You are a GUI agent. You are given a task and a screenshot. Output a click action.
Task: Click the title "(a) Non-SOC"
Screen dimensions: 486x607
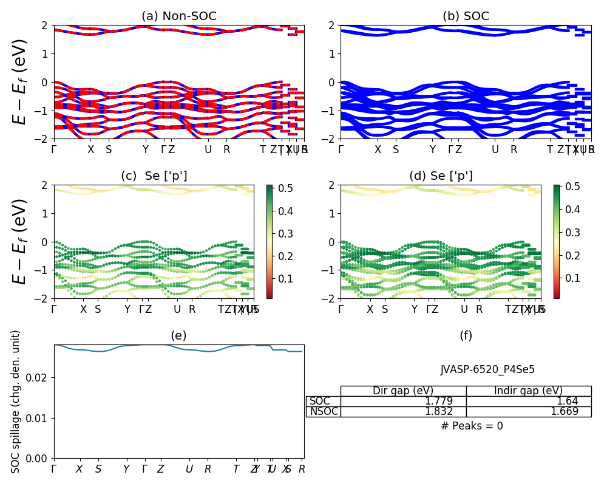tap(178, 16)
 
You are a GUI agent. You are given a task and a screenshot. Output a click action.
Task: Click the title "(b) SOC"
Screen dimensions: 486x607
tap(466, 16)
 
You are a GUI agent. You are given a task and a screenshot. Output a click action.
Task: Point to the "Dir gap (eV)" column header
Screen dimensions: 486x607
tap(403, 391)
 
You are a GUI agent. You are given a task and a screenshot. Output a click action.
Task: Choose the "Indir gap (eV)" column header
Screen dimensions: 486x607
tap(528, 391)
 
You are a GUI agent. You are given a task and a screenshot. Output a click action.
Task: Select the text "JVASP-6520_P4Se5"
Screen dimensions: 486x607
tap(487, 369)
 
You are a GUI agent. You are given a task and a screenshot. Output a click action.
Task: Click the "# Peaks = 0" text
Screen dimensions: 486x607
tap(472, 426)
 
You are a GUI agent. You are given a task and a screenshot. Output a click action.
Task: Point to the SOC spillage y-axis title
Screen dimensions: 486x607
tap(16, 402)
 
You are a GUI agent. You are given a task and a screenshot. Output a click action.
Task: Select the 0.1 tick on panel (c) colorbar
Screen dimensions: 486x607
tap(285, 279)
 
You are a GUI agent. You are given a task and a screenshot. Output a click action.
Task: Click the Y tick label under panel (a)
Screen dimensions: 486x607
tap(145, 149)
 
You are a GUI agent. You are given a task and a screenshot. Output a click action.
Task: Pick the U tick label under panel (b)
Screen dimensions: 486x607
tap(495, 149)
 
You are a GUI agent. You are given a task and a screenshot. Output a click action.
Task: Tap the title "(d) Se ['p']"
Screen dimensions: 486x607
tap(441, 176)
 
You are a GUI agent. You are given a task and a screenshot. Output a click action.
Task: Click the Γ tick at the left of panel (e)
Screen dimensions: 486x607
tap(54, 469)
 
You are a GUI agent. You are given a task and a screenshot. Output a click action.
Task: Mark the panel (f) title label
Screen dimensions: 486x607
tap(466, 336)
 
